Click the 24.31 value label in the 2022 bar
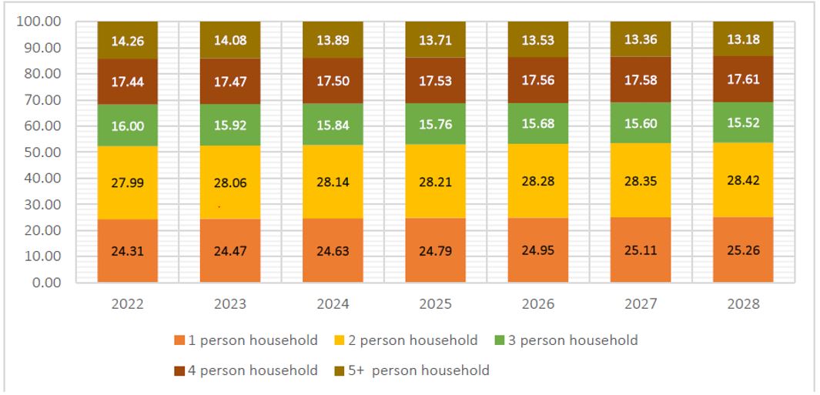pyautogui.click(x=126, y=250)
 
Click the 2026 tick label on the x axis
pyautogui.click(x=537, y=304)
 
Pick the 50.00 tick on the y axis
pyautogui.click(x=44, y=152)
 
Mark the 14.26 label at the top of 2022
pyautogui.click(x=126, y=40)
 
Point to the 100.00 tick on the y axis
pyautogui.click(x=41, y=22)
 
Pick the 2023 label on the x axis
pyautogui.click(x=229, y=304)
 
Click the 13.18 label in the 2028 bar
pyautogui.click(x=743, y=39)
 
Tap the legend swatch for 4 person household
pyautogui.click(x=179, y=370)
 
